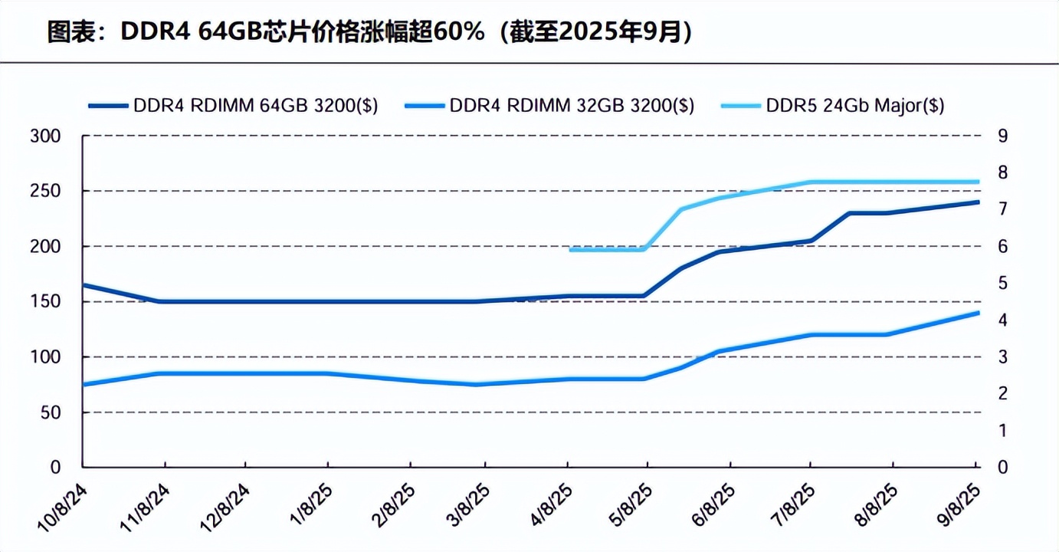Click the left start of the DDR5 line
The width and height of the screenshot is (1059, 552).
tap(570, 250)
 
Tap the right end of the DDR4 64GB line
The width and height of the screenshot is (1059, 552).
tap(978, 202)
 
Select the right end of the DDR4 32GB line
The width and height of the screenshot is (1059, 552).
tap(978, 313)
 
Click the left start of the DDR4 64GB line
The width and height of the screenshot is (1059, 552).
tap(84, 285)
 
